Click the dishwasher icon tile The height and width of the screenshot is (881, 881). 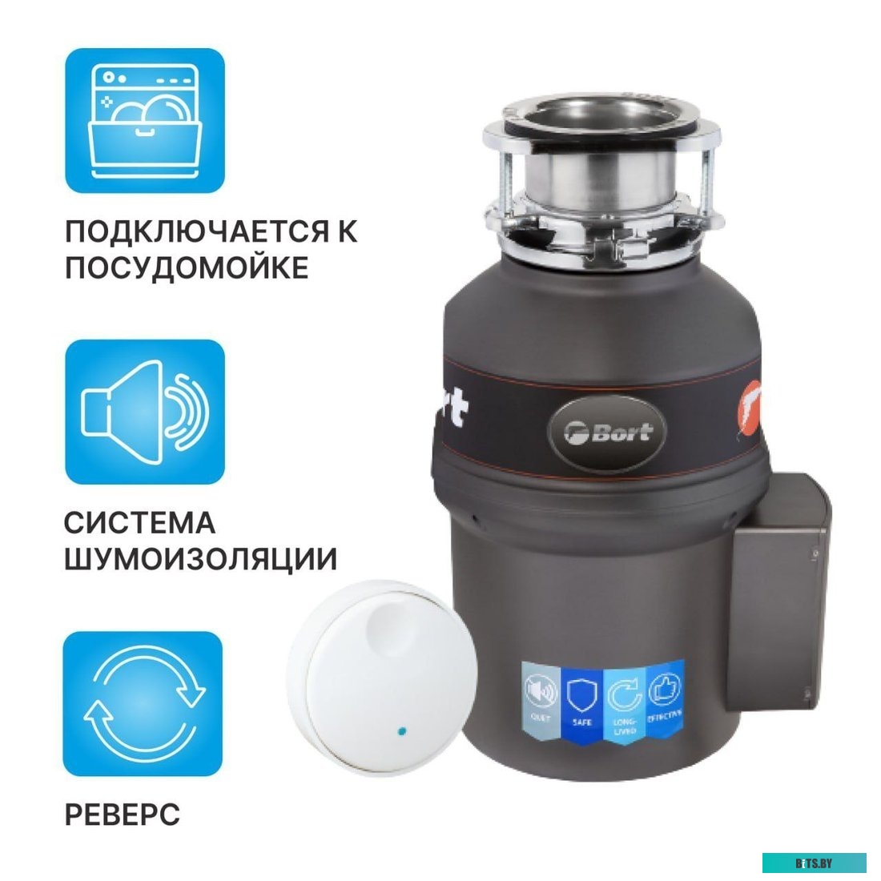pos(144,120)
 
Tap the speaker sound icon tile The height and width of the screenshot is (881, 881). pos(144,412)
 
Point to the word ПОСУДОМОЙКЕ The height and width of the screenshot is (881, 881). pos(186,268)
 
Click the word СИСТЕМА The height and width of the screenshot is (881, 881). pos(139,523)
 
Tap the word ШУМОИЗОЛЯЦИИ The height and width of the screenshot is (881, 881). pos(200,559)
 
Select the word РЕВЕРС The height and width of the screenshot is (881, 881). pos(122,815)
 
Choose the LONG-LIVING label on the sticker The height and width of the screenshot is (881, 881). pos(625,702)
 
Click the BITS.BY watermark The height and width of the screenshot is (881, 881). pos(814,863)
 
